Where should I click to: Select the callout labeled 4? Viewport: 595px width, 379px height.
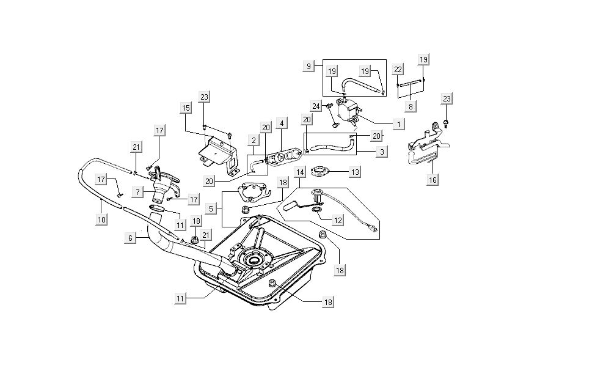282,124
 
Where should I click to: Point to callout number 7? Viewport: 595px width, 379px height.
139,192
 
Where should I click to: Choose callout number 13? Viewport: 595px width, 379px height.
355,172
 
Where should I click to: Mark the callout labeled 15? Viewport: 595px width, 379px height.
186,108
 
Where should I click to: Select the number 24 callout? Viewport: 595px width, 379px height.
315,106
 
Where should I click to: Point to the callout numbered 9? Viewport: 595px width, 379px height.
309,65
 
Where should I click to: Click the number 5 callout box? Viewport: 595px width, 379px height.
211,208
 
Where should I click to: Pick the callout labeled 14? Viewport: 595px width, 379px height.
300,172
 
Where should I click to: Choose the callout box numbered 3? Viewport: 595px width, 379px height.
381,151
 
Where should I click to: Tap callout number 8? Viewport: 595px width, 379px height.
411,106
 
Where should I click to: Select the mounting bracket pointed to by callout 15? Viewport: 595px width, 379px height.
217,153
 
